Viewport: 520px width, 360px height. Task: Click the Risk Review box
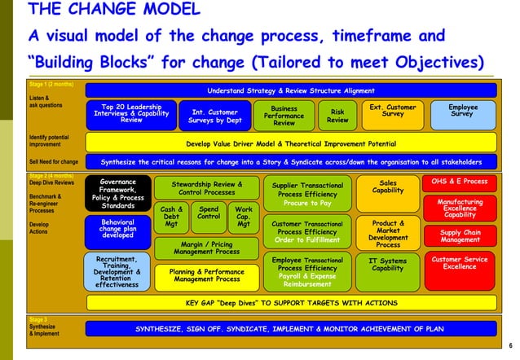point(337,115)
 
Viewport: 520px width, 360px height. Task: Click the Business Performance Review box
point(284,115)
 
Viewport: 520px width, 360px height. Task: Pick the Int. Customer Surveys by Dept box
point(215,116)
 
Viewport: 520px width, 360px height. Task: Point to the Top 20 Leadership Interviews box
point(131,114)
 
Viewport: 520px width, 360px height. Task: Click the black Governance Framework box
point(118,193)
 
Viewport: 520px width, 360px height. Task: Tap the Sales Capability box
point(388,187)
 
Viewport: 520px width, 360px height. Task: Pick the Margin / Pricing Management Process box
point(210,247)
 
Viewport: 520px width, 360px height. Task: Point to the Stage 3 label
point(38,320)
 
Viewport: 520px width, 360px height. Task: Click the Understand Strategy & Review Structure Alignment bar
point(291,90)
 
